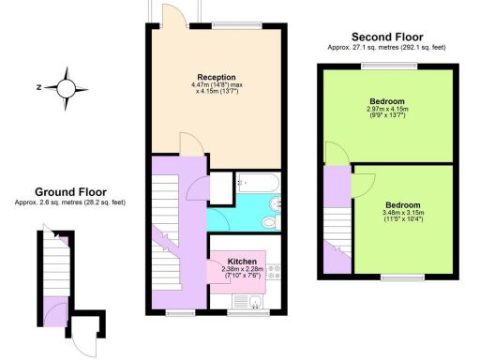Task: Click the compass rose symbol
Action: coord(66,87)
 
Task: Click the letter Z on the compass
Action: coord(37,87)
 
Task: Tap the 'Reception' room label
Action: coord(217,77)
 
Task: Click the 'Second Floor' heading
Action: coord(386,34)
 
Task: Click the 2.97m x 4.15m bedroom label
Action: coord(387,109)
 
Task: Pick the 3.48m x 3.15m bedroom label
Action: coord(402,212)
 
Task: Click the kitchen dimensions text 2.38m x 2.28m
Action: coord(243,271)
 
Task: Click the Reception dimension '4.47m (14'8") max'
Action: coord(217,86)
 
